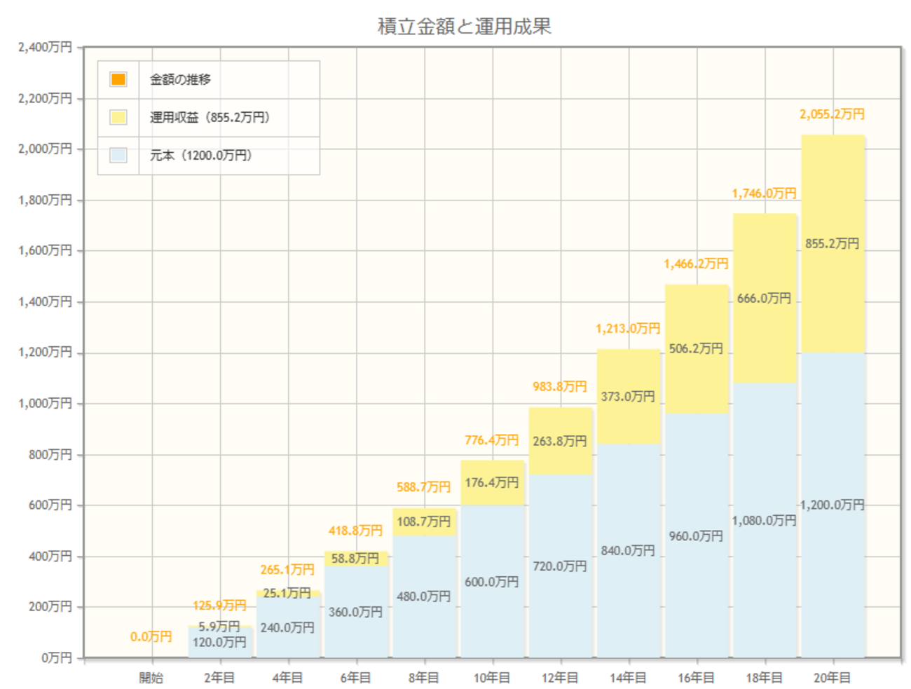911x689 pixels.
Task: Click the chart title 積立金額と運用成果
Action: click(x=464, y=27)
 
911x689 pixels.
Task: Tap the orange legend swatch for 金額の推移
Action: click(x=118, y=79)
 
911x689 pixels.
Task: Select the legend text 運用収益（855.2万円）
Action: click(x=210, y=117)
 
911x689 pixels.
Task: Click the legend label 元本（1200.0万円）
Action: click(x=200, y=155)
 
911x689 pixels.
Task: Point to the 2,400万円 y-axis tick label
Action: click(x=46, y=47)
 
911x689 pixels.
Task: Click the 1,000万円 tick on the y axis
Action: click(x=46, y=403)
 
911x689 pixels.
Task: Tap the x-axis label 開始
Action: click(x=151, y=678)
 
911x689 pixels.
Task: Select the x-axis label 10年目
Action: click(x=491, y=678)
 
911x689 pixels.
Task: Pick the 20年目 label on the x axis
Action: click(x=832, y=678)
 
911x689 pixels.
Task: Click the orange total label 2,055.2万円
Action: click(x=832, y=114)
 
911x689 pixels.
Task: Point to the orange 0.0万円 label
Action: click(x=151, y=636)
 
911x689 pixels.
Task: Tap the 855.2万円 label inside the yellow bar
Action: click(x=832, y=243)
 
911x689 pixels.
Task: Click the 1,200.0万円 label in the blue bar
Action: click(x=832, y=505)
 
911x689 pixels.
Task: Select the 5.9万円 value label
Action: click(x=219, y=626)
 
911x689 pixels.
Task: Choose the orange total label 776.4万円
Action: click(x=491, y=440)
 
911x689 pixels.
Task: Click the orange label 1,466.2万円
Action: click(x=696, y=264)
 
